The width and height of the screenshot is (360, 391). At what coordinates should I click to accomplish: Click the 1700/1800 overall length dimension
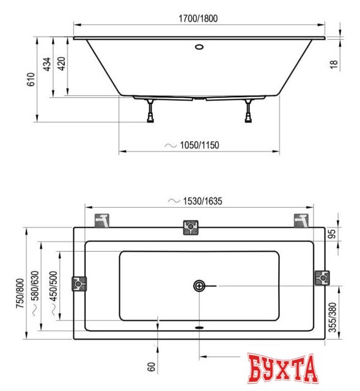(199, 18)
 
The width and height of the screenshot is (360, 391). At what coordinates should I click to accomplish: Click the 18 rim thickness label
(334, 64)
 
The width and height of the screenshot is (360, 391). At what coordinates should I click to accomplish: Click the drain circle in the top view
(200, 286)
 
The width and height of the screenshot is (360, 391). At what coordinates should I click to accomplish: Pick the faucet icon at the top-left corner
(103, 219)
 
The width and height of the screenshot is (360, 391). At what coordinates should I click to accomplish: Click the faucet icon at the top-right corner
(300, 219)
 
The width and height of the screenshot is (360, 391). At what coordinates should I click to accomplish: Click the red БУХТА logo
(284, 367)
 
